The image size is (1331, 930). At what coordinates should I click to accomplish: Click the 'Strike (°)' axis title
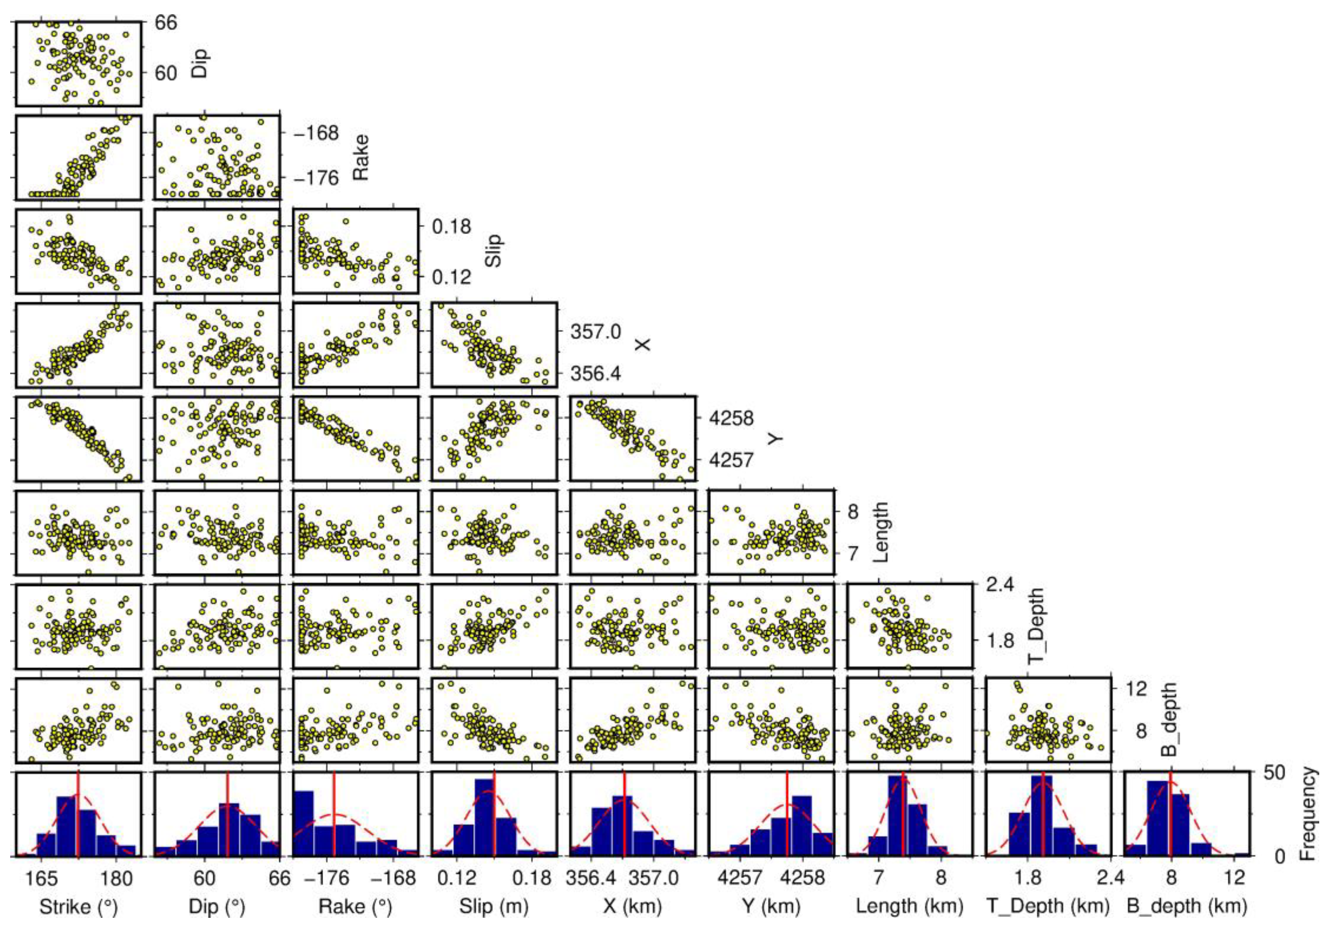coord(78,906)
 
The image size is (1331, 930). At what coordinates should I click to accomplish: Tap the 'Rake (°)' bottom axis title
coord(355,906)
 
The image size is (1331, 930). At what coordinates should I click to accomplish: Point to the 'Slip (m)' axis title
coord(494,906)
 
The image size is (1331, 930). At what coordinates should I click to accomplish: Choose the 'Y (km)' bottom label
coord(771,906)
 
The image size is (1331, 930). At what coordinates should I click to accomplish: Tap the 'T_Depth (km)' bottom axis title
coord(1048,906)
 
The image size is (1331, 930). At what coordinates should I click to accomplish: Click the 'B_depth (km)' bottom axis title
coord(1187,906)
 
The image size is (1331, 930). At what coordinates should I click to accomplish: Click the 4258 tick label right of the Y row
coord(731,417)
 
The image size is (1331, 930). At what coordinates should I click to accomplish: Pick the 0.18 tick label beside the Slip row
coord(452,226)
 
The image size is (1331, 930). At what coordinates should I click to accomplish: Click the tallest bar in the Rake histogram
coord(304,823)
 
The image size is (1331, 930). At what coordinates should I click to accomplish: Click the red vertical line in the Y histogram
coord(787,814)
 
